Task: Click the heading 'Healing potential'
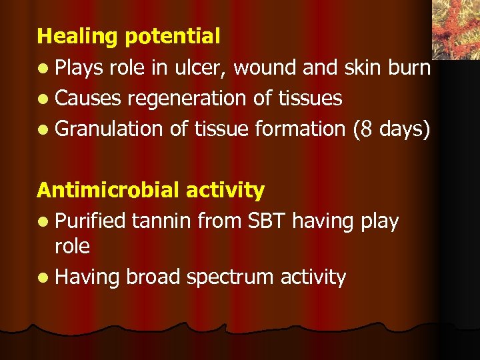(128, 36)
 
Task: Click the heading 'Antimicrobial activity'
(151, 190)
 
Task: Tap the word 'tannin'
(160, 221)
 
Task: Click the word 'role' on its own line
(72, 247)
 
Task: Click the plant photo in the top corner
(456, 28)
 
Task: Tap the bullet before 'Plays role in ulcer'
(43, 69)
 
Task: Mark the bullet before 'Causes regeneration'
(43, 99)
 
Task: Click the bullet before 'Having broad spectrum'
(43, 277)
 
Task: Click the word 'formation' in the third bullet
(301, 129)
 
